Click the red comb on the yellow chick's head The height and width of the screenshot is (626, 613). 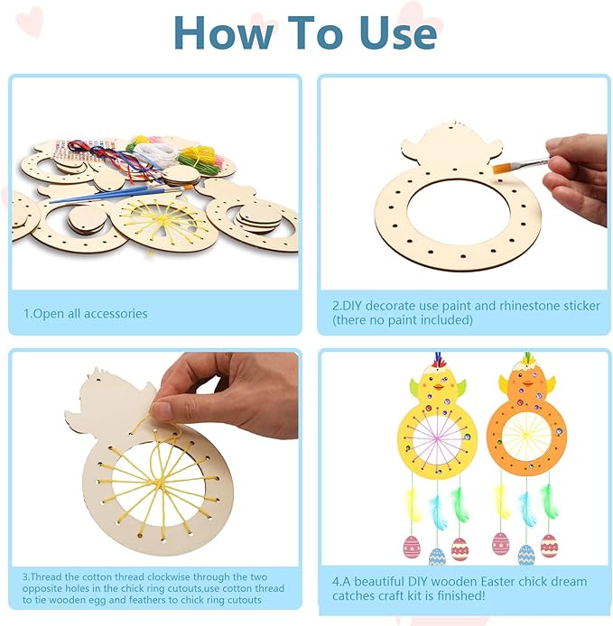(437, 363)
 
